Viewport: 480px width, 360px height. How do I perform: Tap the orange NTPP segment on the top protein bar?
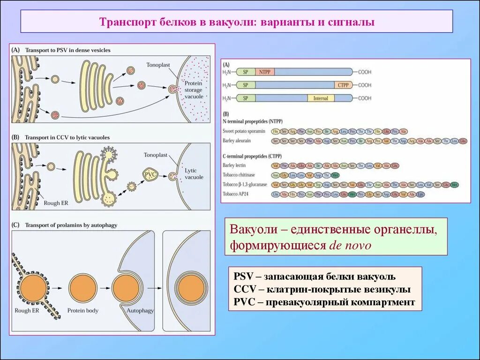(265, 72)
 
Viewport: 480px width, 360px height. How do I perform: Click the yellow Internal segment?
(321, 98)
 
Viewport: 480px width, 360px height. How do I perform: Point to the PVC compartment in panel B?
(151, 175)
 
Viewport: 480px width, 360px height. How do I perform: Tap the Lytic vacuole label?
(194, 174)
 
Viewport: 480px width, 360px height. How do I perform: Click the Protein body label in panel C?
(82, 310)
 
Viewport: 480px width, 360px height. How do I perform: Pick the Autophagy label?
(139, 310)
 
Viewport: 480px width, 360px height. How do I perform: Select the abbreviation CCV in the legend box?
(244, 289)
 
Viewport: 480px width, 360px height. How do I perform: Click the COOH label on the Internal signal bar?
(365, 98)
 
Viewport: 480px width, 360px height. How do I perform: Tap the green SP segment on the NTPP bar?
(246, 72)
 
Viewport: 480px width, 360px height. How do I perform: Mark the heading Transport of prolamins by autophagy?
(71, 225)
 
